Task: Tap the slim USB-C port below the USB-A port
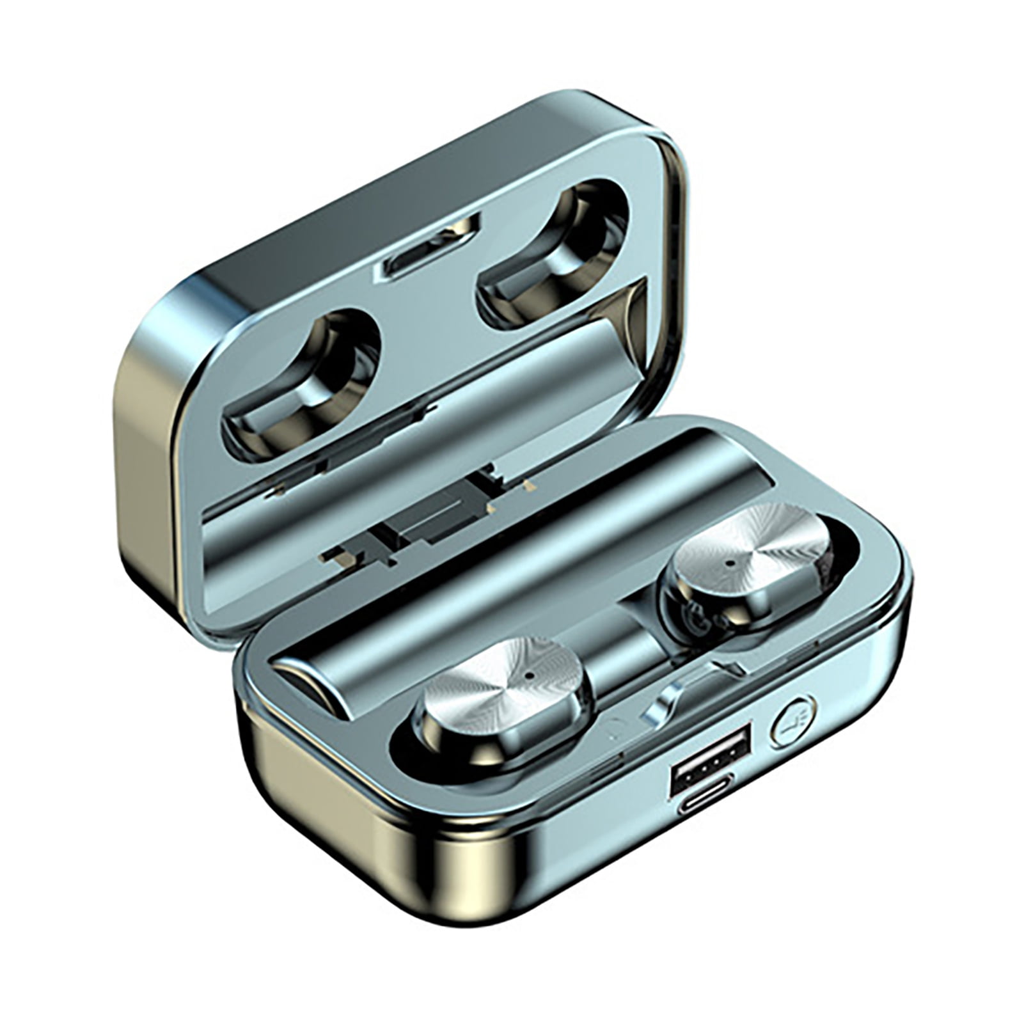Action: (705, 801)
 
